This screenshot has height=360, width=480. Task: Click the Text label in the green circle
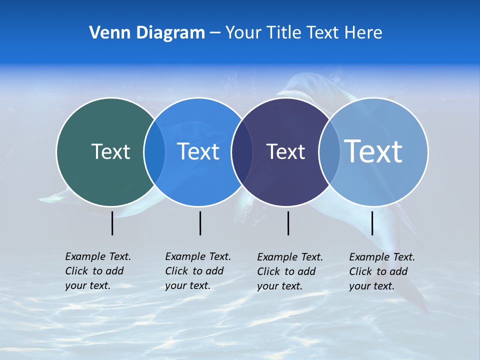(x=110, y=151)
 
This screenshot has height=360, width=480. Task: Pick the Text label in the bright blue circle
(x=198, y=151)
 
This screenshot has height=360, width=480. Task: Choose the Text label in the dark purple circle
(x=285, y=152)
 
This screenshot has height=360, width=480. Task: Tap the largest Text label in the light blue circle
(x=373, y=151)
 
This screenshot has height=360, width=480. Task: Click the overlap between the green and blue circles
(x=154, y=151)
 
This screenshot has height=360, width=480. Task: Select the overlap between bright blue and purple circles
(x=242, y=152)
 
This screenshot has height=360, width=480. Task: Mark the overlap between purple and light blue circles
(x=329, y=152)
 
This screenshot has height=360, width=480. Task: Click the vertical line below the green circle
(x=112, y=223)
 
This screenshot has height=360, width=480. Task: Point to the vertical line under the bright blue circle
(x=200, y=223)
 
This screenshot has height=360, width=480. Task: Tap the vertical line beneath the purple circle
(x=288, y=223)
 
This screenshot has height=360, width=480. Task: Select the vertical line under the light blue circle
(x=372, y=223)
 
